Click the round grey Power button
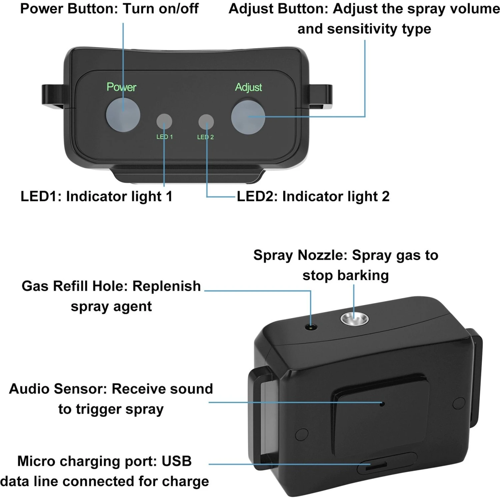pos(123,115)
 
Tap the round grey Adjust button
pos(248,117)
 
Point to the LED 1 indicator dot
pos(164,122)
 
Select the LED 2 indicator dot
pos(206,122)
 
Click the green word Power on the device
pos(121,87)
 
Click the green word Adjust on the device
pos(248,87)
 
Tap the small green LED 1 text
pos(165,137)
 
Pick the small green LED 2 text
pos(205,137)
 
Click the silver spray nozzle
pos(354,319)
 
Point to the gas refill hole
pos(311,328)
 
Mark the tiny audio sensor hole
pos(382,404)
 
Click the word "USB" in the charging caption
pos(177,461)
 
